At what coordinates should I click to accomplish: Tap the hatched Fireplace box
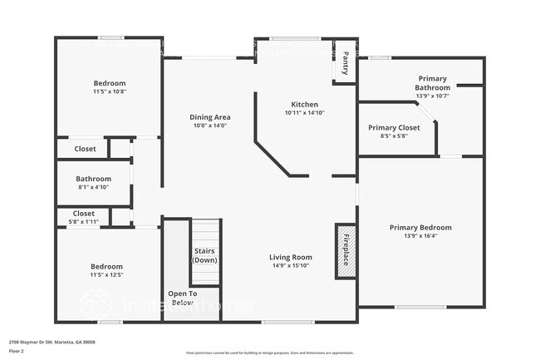[346, 249]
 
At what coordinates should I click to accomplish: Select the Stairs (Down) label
[205, 255]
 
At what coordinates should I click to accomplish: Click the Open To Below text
[182, 298]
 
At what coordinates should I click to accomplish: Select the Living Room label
[290, 257]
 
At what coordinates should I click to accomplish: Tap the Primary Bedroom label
[420, 227]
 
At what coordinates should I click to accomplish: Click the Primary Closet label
[394, 127]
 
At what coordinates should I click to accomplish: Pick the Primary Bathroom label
[432, 82]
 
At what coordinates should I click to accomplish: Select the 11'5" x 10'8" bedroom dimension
[109, 91]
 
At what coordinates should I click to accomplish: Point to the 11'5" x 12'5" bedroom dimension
[109, 274]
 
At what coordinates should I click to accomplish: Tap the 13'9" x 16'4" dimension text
[420, 236]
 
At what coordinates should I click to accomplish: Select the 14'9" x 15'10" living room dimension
[290, 266]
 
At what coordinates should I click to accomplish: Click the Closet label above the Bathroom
[85, 149]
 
